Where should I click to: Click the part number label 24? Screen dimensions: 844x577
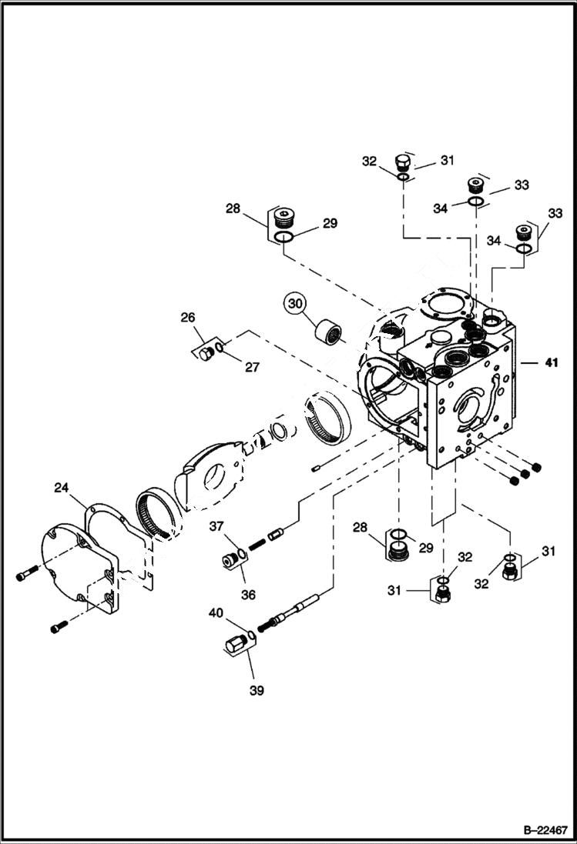click(61, 487)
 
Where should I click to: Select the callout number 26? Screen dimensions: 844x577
click(187, 316)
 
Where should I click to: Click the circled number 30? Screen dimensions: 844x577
click(295, 304)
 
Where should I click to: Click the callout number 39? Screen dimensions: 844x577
click(256, 690)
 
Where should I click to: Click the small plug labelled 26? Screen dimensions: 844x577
click(203, 353)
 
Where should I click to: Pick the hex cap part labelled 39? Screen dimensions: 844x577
click(234, 642)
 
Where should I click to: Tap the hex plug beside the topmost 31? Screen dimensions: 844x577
click(401, 163)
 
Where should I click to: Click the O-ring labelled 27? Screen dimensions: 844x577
click(220, 350)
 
